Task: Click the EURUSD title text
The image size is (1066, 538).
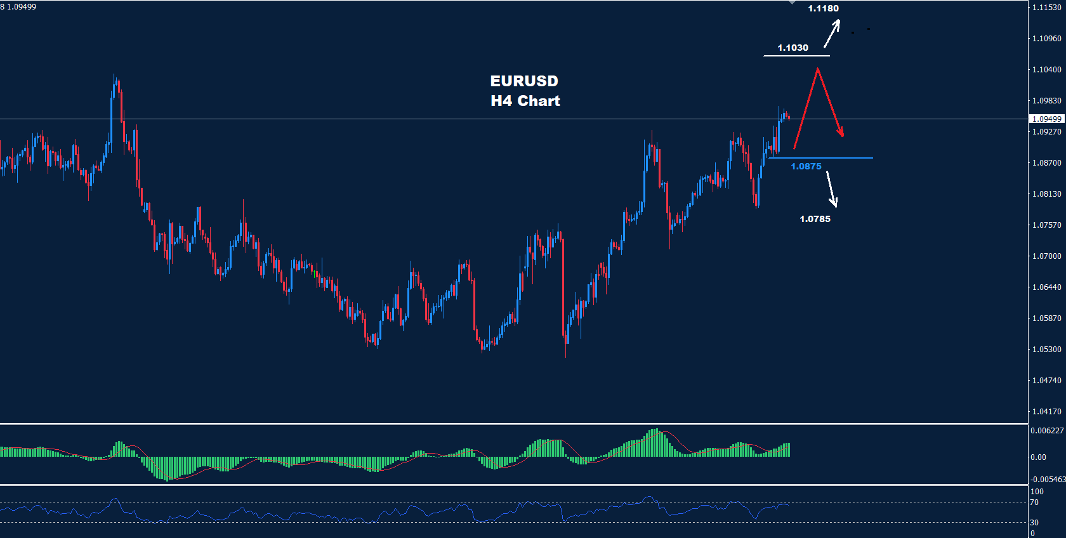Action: click(524, 81)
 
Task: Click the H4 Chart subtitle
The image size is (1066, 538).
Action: click(525, 101)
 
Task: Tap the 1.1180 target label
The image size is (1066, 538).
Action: click(823, 8)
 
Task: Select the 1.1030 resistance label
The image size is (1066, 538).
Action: click(793, 48)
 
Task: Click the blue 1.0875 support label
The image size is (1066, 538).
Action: click(806, 166)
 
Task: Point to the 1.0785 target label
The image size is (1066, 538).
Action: click(815, 219)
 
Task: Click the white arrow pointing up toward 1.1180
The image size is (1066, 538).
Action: click(832, 34)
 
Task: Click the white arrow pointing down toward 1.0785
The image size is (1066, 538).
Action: click(832, 189)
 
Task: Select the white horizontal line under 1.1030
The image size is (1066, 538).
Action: click(796, 56)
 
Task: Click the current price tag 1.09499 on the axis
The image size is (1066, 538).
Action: click(1046, 119)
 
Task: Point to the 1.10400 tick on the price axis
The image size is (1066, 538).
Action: click(1046, 70)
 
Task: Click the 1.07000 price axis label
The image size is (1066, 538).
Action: click(1046, 256)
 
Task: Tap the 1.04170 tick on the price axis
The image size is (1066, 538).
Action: click(1046, 412)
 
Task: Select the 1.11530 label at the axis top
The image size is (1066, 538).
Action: click(1046, 8)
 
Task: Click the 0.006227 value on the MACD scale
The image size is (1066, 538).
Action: click(1047, 431)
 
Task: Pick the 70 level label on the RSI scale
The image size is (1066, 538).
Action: click(1034, 502)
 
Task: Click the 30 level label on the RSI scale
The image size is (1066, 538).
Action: click(1034, 523)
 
